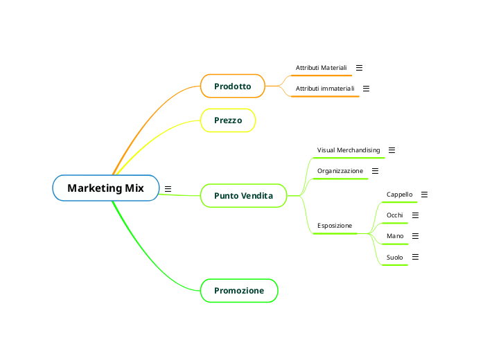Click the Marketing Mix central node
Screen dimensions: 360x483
pos(105,188)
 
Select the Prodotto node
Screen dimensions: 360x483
pos(233,87)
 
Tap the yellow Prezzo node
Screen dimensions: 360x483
pos(228,120)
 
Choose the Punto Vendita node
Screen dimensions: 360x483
pos(243,196)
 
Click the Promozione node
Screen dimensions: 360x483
pos(239,291)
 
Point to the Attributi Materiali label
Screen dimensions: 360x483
pos(321,68)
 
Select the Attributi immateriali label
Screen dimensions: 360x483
pos(325,89)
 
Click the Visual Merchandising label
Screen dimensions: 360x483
pos(349,150)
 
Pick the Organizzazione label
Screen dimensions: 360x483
pos(340,171)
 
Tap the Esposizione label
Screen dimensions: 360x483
pos(335,226)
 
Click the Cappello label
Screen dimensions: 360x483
pos(399,195)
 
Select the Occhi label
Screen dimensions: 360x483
pos(394,215)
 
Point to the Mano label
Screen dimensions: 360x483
pos(395,236)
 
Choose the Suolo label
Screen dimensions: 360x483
pos(394,258)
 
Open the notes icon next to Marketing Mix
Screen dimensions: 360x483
pos(168,188)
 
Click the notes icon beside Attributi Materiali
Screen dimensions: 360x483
pos(359,68)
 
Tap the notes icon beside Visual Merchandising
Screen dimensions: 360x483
pos(392,150)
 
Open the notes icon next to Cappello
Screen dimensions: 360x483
pos(424,195)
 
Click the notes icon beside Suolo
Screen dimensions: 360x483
pos(415,258)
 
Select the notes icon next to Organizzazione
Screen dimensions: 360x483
pos(375,171)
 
